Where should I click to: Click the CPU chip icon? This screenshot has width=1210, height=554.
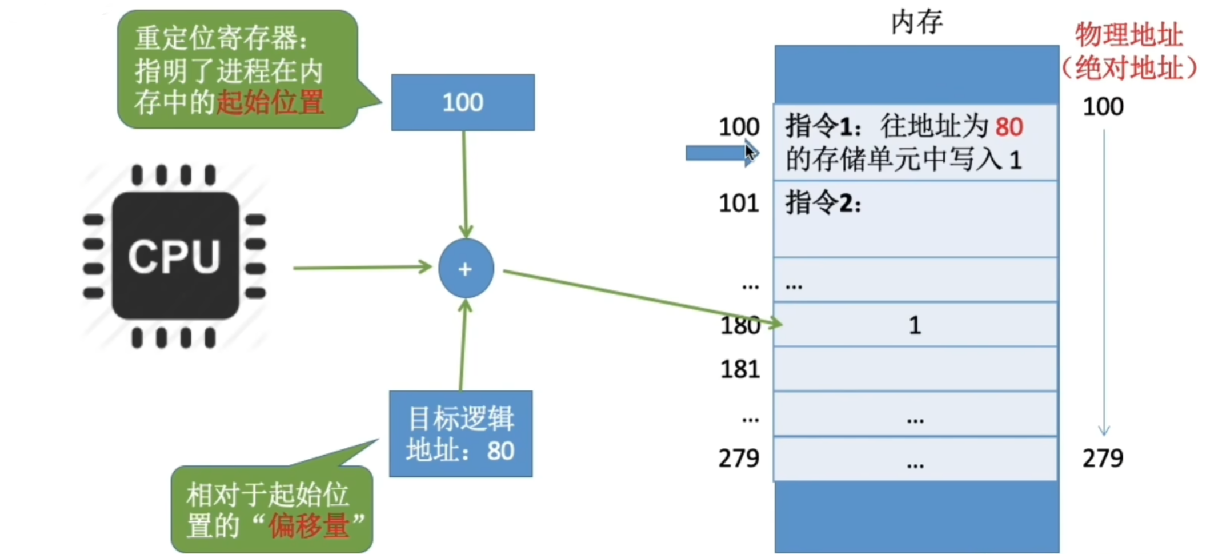[x=175, y=256]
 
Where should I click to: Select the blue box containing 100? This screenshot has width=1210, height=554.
[x=463, y=102]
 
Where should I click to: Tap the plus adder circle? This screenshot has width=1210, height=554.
[x=466, y=269]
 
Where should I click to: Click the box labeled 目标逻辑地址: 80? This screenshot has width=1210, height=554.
[x=460, y=434]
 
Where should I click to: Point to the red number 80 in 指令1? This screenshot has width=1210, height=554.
[x=1009, y=127]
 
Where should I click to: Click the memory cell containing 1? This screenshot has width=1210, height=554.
[x=915, y=325]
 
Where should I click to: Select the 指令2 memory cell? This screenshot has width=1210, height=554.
[x=915, y=219]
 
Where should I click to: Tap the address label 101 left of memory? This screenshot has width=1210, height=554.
[x=739, y=204]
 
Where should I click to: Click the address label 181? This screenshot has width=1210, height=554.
[x=740, y=369]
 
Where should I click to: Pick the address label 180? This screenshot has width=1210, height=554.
[x=740, y=325]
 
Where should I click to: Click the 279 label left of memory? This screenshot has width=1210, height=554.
[x=739, y=458]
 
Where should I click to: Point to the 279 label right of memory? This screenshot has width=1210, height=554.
[x=1103, y=458]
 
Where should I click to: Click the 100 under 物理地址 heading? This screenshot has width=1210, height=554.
[x=1103, y=107]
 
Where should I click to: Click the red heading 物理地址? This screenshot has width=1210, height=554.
[x=1128, y=35]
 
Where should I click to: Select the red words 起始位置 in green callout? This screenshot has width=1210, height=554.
[x=270, y=103]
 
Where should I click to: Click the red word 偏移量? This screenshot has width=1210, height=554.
[x=308, y=525]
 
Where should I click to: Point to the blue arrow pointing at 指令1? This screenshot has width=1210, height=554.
[x=717, y=153]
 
